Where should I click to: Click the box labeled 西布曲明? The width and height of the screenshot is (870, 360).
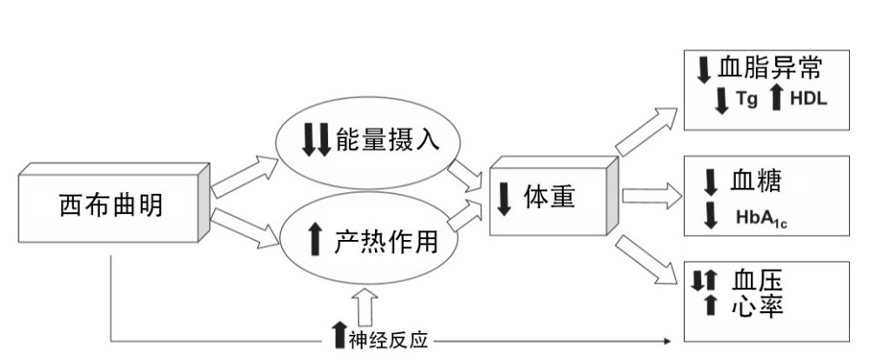click(x=110, y=205)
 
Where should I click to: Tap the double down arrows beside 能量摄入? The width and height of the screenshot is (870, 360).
click(x=316, y=140)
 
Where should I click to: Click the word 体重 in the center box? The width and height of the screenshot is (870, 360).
click(x=549, y=197)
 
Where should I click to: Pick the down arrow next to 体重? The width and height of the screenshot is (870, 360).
click(x=504, y=198)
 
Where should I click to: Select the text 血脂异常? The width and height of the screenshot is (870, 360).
click(x=771, y=69)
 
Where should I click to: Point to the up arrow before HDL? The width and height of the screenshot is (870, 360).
click(x=776, y=99)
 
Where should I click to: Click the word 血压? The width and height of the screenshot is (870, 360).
click(x=756, y=280)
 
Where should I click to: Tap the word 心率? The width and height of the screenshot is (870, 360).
click(x=756, y=306)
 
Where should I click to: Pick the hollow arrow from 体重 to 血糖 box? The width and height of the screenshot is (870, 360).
click(x=652, y=195)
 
